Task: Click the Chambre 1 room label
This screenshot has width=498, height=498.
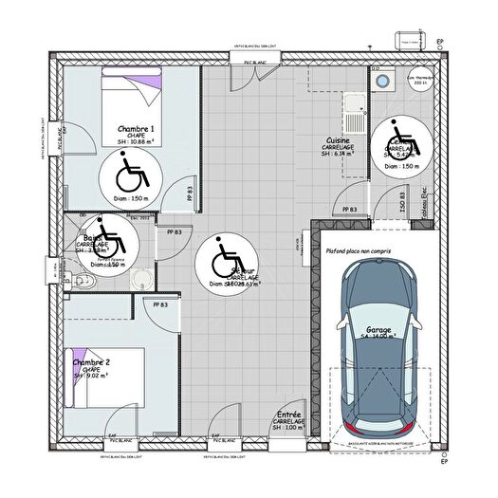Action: click(137, 128)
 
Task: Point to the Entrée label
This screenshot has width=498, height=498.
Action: click(289, 415)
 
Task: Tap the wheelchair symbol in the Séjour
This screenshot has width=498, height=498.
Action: click(224, 257)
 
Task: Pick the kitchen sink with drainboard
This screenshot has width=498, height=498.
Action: click(354, 115)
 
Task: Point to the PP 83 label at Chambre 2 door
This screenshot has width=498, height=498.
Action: click(160, 304)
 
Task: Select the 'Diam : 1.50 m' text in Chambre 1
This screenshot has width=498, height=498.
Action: click(126, 199)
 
